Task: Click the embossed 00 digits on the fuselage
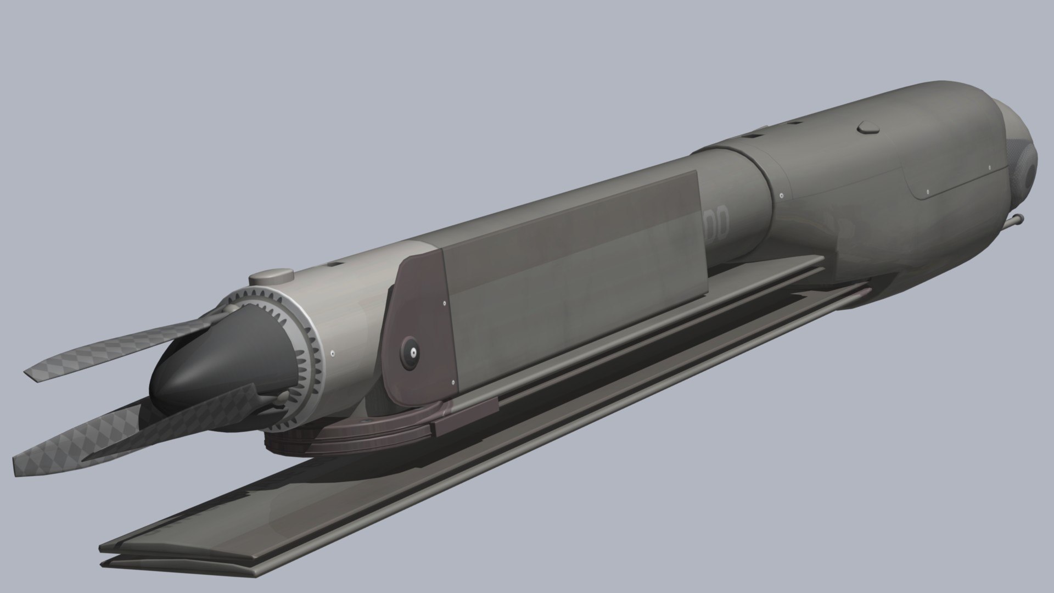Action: (717, 220)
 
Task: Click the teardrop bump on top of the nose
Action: (868, 128)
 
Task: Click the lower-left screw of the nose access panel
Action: (927, 192)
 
